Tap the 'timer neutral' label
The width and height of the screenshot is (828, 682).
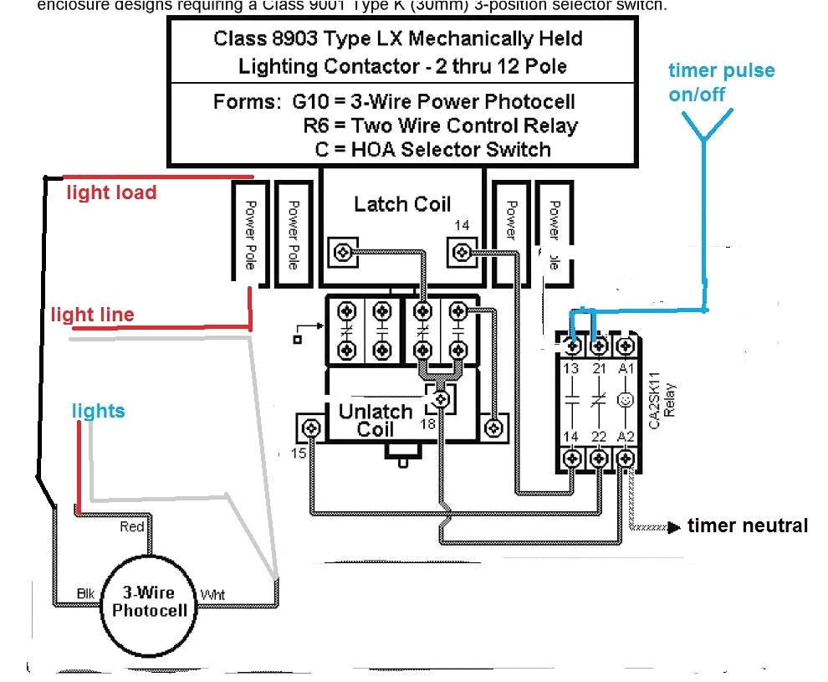747,526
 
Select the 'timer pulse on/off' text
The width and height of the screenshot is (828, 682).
720,82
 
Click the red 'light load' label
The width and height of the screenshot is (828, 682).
111,192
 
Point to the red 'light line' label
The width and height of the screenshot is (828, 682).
92,315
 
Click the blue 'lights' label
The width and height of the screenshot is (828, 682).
98,411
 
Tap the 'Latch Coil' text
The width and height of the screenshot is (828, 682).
401,204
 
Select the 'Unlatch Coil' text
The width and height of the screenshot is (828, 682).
375,420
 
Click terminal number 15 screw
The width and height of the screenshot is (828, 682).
311,428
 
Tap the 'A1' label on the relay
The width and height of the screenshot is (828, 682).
625,368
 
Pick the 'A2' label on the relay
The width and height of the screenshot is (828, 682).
625,437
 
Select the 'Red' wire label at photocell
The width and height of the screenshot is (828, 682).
131,526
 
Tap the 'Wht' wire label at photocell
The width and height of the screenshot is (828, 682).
212,595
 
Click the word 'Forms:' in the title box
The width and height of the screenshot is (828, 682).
248,102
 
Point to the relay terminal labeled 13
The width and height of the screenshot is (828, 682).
572,368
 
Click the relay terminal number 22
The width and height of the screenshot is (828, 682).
599,437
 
